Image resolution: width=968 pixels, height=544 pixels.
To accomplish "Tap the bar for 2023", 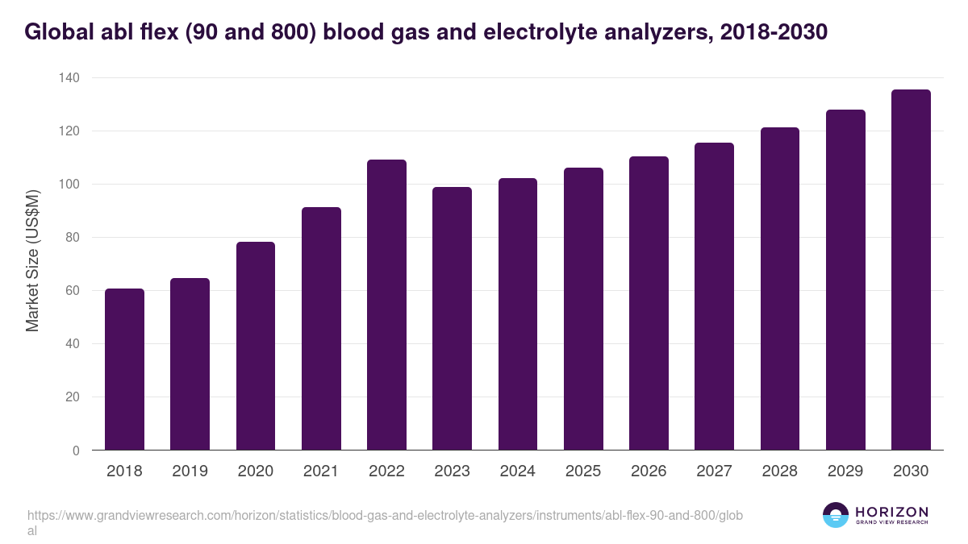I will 452,318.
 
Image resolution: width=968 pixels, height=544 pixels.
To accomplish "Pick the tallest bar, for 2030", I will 911,270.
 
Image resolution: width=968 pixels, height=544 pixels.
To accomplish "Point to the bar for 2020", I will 256,346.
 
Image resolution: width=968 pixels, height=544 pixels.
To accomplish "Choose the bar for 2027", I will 714,297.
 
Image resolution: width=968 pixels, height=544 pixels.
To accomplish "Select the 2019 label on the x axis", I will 190,471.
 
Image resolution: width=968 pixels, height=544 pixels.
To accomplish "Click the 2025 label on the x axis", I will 583,471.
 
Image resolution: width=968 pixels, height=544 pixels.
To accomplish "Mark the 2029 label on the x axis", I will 845,471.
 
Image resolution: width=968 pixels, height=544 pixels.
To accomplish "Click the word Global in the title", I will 58,32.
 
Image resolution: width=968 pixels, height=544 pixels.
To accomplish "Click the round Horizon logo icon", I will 836,516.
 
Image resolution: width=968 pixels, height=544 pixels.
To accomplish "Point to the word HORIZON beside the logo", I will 891,512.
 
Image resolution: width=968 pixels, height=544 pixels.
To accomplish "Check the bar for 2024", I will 518,314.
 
